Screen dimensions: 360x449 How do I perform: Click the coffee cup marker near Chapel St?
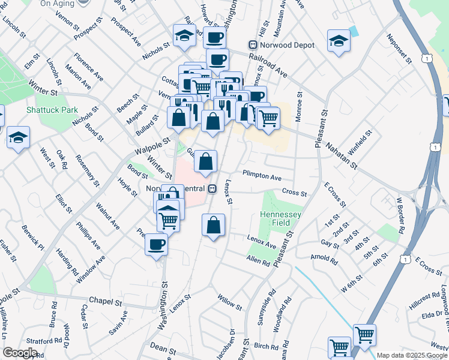[x=157, y=245]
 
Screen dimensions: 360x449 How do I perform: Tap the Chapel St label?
[x=105, y=301]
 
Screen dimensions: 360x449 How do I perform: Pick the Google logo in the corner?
[x=20, y=352]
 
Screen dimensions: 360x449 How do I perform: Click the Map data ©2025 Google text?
[x=412, y=355]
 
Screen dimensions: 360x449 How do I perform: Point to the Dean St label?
[x=163, y=349]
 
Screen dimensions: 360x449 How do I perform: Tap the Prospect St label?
[x=85, y=31]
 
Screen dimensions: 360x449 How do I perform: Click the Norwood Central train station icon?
[x=211, y=189]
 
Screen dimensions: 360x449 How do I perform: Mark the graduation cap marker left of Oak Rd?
[x=19, y=138]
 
